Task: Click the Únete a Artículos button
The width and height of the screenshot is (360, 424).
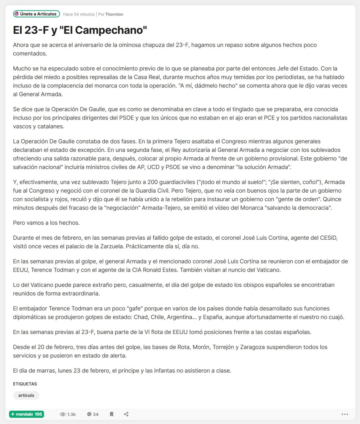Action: click(36, 14)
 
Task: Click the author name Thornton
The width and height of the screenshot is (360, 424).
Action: click(114, 14)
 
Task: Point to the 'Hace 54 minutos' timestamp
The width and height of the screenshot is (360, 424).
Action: click(79, 14)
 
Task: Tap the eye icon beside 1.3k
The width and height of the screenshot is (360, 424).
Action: click(63, 414)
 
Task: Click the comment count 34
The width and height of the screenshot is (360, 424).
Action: click(95, 414)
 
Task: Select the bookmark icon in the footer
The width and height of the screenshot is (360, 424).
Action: click(112, 414)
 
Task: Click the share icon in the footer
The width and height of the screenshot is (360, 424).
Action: click(126, 414)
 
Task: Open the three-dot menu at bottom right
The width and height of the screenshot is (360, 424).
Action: click(345, 414)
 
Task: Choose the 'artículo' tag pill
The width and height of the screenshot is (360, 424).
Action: click(26, 395)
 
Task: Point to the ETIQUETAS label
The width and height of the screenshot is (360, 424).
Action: click(25, 384)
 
